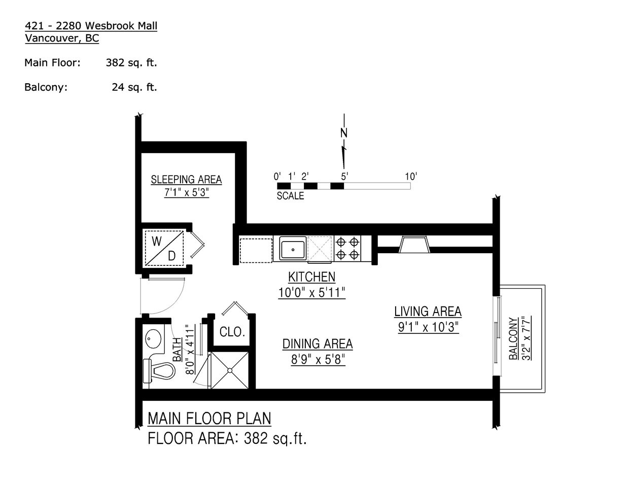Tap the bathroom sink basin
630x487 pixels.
tap(153, 338)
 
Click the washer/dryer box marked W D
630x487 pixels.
tap(164, 248)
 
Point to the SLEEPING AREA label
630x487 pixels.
tap(186, 180)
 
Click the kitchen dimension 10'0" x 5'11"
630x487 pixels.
tap(311, 293)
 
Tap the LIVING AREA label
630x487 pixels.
tap(428, 311)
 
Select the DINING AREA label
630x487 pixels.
tap(318, 344)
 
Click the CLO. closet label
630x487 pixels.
tap(232, 332)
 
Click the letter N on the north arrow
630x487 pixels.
tap(344, 133)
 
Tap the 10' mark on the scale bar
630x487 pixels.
tap(411, 176)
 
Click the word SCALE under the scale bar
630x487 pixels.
tap(290, 196)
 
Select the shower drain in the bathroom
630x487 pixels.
tap(230, 370)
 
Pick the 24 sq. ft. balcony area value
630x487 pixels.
tap(134, 87)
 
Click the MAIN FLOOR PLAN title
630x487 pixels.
tap(209, 419)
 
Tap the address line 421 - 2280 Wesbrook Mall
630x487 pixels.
tap(91, 26)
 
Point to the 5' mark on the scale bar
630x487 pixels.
tap(344, 176)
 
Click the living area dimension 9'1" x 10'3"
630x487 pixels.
tap(428, 327)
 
